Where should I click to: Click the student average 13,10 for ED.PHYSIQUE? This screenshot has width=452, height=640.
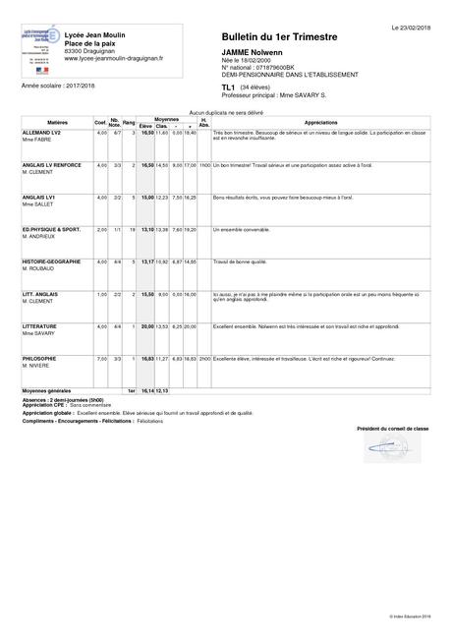(x=147, y=229)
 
